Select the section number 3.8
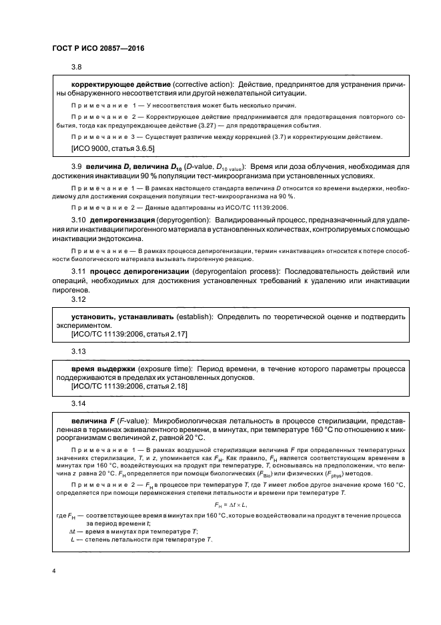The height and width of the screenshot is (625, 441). (x=76, y=68)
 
